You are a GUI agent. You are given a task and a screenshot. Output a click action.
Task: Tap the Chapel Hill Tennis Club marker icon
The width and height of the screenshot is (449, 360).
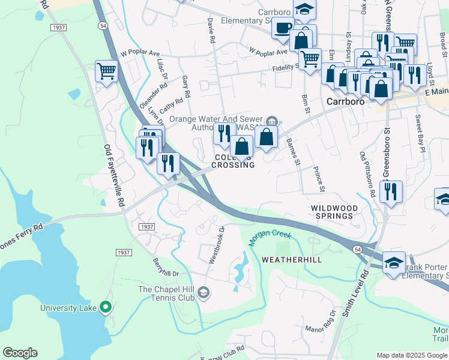[x=204, y=292]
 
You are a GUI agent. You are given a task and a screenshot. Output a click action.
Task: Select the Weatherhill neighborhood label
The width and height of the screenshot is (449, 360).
[x=292, y=260]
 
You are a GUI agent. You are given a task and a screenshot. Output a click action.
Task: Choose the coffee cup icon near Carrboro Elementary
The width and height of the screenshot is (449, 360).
[x=282, y=27]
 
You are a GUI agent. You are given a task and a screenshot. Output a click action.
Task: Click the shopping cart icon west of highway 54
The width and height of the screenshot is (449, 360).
[x=106, y=71]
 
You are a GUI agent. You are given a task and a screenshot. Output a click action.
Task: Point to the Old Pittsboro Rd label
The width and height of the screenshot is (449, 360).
[x=367, y=175]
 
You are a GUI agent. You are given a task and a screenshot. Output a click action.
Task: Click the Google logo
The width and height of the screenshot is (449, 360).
[x=20, y=353]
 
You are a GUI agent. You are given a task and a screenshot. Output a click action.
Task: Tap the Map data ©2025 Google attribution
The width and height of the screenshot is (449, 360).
[x=412, y=355]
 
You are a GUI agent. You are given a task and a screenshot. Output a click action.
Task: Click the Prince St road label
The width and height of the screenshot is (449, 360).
[x=319, y=180]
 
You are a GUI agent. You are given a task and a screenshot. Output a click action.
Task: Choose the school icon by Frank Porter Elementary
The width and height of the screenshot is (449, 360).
[x=394, y=262]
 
